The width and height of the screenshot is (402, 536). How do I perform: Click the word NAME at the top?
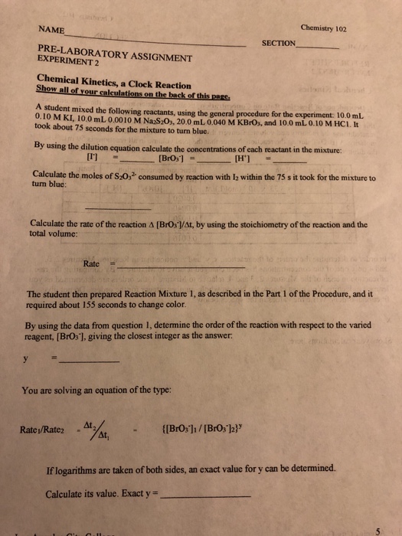51,31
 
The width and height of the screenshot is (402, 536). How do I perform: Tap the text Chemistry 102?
324,28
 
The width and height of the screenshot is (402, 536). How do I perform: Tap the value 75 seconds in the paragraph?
73,130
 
